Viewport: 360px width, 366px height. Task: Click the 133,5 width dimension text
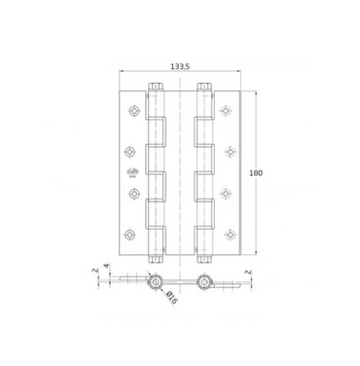[180, 66]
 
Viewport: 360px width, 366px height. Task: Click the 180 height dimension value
[256, 173]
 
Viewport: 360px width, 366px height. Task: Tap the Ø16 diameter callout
[171, 298]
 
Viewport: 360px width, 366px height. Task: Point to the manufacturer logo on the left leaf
[133, 172]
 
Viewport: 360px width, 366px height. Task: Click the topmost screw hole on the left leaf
[133, 111]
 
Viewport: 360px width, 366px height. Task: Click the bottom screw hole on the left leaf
[129, 234]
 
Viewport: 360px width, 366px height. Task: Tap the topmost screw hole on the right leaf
[226, 111]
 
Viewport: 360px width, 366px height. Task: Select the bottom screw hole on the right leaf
[230, 234]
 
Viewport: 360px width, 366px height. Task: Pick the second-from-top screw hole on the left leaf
[129, 152]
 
